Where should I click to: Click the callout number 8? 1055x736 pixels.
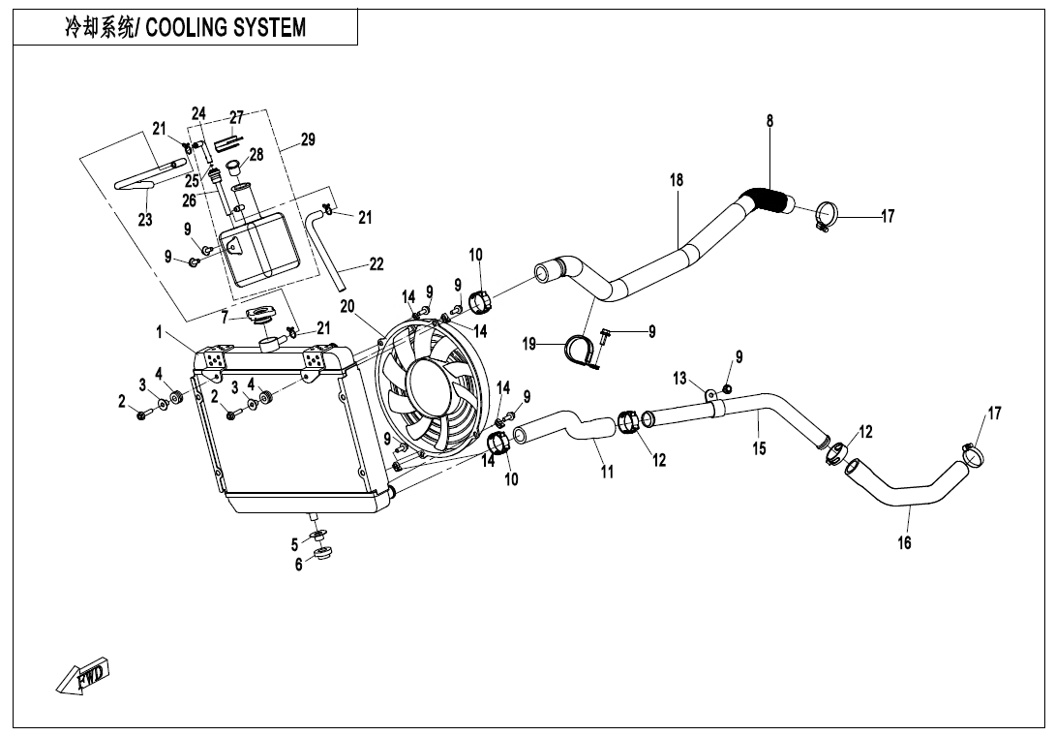769,122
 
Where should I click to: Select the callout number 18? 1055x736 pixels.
677,180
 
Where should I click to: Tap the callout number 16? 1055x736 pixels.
904,543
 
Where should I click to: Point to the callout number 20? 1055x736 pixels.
347,306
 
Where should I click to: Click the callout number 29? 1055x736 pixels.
307,140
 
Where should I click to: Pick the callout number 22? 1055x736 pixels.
376,263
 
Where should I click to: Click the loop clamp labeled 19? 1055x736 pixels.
580,347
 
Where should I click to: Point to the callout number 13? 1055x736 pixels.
679,378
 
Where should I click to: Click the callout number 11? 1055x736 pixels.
607,473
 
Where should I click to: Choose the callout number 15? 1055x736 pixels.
760,448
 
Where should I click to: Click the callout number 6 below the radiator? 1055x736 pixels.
299,565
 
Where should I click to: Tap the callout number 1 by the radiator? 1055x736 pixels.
159,332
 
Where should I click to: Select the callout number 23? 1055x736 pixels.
145,220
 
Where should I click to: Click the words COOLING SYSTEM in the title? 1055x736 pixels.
225,27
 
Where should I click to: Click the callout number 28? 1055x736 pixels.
256,154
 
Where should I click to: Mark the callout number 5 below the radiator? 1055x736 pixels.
295,544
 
